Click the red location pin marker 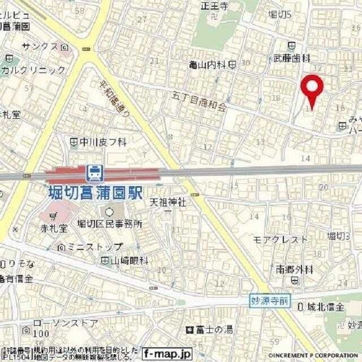pyautogui.click(x=311, y=90)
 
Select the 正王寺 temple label pyautogui.click(x=214, y=7)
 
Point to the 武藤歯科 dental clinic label pyautogui.click(x=292, y=58)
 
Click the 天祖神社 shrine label pyautogui.click(x=168, y=202)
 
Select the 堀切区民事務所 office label pyautogui.click(x=110, y=224)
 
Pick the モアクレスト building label pyautogui.click(x=281, y=239)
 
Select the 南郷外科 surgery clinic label pyautogui.click(x=294, y=270)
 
